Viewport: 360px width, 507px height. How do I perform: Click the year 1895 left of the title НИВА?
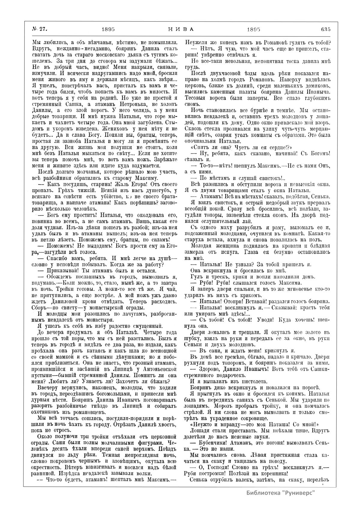109,29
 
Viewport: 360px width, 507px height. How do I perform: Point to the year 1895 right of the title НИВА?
253,29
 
